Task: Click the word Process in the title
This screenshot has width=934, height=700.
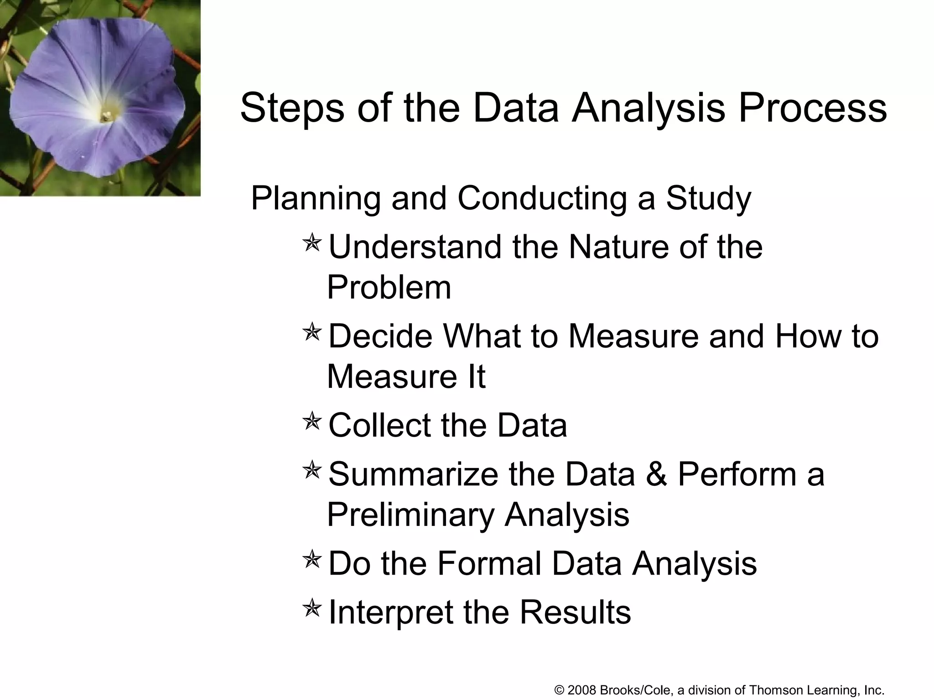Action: coord(813,108)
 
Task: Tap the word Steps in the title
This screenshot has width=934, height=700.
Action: coord(292,108)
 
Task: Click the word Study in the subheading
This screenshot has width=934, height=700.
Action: coord(708,199)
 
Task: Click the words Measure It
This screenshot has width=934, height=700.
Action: coord(406,376)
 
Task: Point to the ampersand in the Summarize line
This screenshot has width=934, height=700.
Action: coord(656,474)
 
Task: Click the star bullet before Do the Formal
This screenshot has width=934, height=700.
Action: coord(312,559)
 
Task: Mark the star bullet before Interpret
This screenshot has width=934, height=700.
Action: coord(312,607)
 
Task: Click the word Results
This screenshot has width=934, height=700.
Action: coord(575,612)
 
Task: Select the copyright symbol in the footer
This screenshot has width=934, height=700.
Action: coord(559,690)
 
